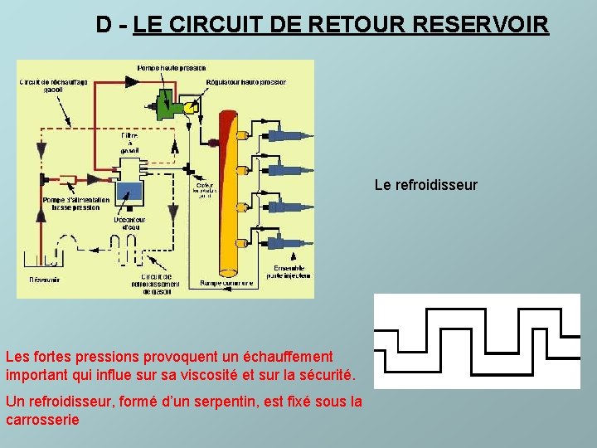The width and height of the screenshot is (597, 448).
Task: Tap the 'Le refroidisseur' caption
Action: pos(425,185)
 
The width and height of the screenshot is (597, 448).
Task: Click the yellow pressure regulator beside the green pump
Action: pos(189,107)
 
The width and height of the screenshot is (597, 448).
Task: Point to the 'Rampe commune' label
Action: pos(226,283)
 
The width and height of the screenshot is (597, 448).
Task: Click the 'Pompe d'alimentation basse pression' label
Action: pos(70,203)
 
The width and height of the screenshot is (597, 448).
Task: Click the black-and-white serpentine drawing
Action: pos(477,341)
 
